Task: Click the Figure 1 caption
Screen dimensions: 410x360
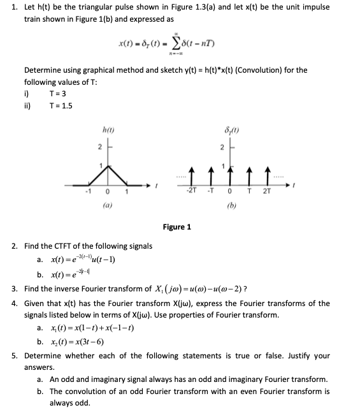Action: [x=177, y=226]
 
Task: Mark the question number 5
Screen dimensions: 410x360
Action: [x=15, y=355]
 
